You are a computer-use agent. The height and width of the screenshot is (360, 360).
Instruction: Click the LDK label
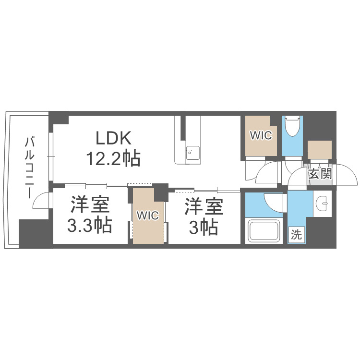[x=113, y=138]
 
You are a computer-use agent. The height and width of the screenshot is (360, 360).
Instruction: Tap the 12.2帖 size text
[x=113, y=157]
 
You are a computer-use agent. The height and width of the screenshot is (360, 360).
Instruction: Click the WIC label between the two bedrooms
[x=147, y=216]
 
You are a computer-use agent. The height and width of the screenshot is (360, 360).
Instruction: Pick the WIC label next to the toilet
[x=261, y=136]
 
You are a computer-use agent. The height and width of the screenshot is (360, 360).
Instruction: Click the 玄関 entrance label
[x=320, y=174]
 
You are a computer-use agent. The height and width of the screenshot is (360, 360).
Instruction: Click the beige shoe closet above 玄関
[x=320, y=150]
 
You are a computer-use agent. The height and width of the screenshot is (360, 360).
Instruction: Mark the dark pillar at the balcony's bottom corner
[x=35, y=233]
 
